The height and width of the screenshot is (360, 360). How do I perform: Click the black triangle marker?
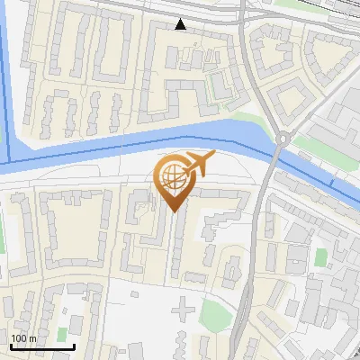181,24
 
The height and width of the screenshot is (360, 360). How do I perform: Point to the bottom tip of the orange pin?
173,211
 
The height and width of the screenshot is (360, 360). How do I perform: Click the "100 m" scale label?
23,338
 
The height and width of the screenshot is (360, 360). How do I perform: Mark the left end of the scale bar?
11,346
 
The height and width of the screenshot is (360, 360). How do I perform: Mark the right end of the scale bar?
74,346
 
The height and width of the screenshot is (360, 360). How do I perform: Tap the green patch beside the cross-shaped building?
212,314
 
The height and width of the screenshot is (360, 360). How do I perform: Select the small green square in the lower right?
320,257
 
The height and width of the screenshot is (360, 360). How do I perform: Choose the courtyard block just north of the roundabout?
290,98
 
